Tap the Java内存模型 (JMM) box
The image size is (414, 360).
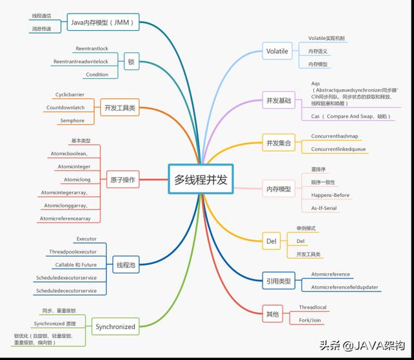click(103, 23)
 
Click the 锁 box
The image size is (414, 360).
click(131, 61)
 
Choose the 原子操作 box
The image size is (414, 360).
click(122, 180)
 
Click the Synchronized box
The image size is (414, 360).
click(115, 326)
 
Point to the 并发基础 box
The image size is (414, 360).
click(278, 101)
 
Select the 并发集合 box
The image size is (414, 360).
click(278, 143)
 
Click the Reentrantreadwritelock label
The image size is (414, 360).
click(80, 61)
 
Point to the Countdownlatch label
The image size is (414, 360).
click(65, 107)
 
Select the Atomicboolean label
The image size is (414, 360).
click(73, 153)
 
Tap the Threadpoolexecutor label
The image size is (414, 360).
click(72, 251)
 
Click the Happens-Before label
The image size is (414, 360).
click(329, 195)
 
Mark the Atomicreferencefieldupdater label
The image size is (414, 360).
click(345, 287)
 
